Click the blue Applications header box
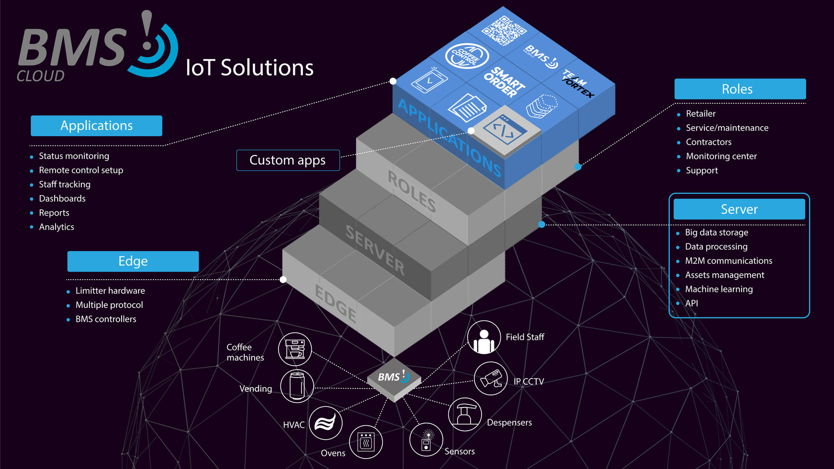96,126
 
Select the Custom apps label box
288,160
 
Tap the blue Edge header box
133,261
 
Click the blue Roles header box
740,89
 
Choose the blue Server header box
739,209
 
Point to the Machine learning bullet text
719,289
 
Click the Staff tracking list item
65,184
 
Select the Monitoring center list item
721,156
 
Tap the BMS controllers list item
106,319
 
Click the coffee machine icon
295,349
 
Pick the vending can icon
297,386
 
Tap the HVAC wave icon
326,423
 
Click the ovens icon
366,442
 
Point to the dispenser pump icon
465,414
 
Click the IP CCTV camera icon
490,379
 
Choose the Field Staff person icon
484,338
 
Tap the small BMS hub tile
394,379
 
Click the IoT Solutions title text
249,68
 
